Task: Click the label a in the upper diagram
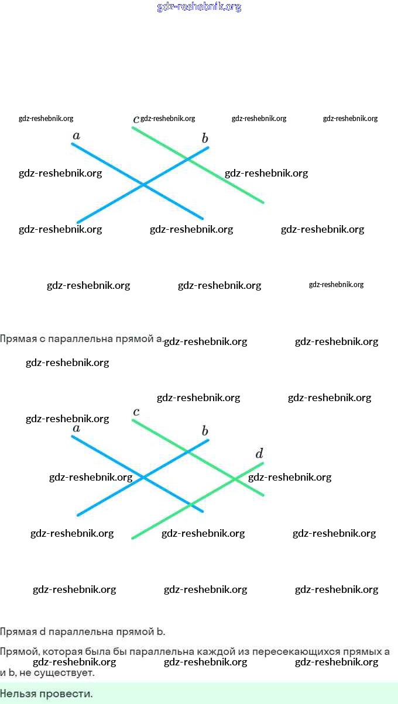76,136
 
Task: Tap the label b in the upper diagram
205,139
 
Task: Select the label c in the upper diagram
136,119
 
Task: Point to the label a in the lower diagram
76,429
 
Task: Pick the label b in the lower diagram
205,432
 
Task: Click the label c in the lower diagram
136,412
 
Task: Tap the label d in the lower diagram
259,454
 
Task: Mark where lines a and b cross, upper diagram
143,185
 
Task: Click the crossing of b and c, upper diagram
188,158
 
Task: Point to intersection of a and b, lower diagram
143,477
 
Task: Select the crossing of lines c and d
235,479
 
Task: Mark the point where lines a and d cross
190,504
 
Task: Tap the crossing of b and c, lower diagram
188,451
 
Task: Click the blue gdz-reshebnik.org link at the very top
199,7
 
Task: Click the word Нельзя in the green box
16,694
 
